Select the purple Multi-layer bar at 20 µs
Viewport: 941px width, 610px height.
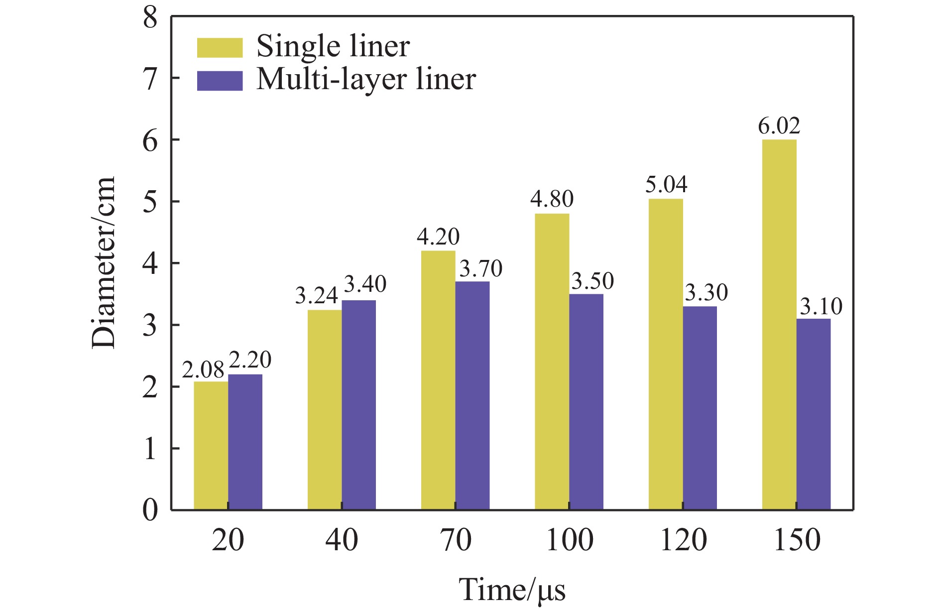245,442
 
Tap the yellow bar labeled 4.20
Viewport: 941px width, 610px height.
438,380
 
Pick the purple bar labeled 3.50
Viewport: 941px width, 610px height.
586,402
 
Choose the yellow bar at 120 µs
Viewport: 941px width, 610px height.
666,354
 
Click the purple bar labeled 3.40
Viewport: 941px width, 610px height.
358,405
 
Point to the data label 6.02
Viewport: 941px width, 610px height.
779,126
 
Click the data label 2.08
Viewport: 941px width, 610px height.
203,370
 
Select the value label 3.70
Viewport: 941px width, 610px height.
480,269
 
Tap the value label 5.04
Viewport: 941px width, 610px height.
666,185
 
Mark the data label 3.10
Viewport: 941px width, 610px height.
821,306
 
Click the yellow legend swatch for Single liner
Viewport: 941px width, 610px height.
220,47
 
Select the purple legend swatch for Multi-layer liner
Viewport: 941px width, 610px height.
220,81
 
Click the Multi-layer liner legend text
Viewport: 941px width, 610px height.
366,80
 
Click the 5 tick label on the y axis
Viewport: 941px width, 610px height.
150,202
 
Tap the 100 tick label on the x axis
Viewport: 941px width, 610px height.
570,540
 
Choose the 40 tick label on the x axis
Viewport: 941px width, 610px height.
342,540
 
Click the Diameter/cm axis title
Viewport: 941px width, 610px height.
104,262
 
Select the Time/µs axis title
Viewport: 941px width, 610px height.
512,591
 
